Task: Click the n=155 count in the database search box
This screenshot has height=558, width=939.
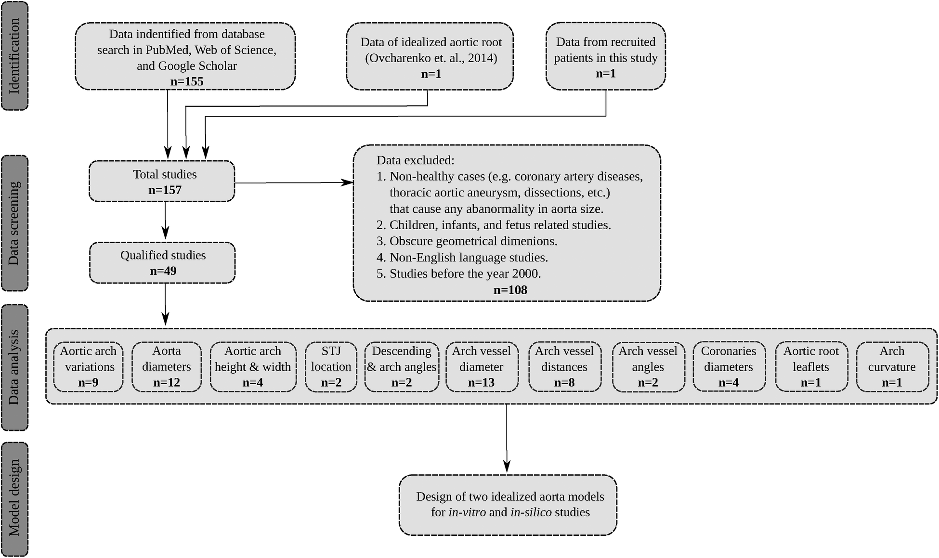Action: click(x=187, y=81)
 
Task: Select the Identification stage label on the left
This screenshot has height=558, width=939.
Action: click(x=14, y=56)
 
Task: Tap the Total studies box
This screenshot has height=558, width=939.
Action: click(x=162, y=182)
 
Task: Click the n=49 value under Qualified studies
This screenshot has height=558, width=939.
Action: click(x=163, y=271)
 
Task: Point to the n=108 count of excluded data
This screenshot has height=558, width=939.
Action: click(x=510, y=290)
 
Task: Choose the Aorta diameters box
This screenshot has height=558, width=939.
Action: click(x=167, y=367)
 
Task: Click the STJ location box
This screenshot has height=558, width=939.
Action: click(x=331, y=367)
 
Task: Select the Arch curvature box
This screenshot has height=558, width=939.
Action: click(x=892, y=367)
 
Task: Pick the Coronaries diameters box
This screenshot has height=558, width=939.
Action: click(x=729, y=367)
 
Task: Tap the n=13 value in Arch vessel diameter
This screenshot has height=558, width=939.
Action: click(x=481, y=383)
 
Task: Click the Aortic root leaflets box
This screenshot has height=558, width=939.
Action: click(x=811, y=367)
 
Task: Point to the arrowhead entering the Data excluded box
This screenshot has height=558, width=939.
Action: click(x=348, y=182)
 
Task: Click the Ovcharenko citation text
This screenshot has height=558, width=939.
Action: click(x=431, y=58)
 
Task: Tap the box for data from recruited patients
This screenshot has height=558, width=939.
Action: click(x=605, y=56)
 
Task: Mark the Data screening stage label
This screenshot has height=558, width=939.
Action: click(x=14, y=223)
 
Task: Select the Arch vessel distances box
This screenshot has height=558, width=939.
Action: click(x=564, y=367)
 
